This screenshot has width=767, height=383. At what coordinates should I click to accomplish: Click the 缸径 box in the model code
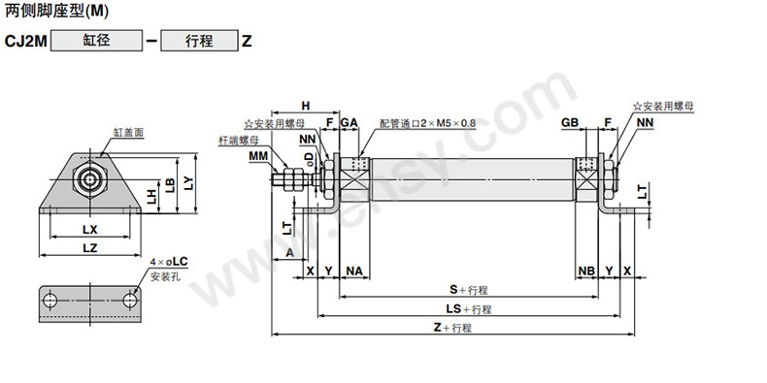(96, 41)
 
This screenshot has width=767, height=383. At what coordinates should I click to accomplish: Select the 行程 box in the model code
(199, 41)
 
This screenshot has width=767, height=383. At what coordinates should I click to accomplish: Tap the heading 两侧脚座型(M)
(56, 12)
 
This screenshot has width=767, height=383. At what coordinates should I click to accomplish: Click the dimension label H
(306, 106)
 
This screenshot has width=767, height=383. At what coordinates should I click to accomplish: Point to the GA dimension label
(350, 122)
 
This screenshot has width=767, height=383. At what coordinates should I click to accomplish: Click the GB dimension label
(570, 122)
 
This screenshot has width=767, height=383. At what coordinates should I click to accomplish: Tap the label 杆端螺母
(238, 141)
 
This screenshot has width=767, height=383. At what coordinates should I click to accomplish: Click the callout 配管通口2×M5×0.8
(427, 122)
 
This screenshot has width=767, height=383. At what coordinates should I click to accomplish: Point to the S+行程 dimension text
(469, 290)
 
